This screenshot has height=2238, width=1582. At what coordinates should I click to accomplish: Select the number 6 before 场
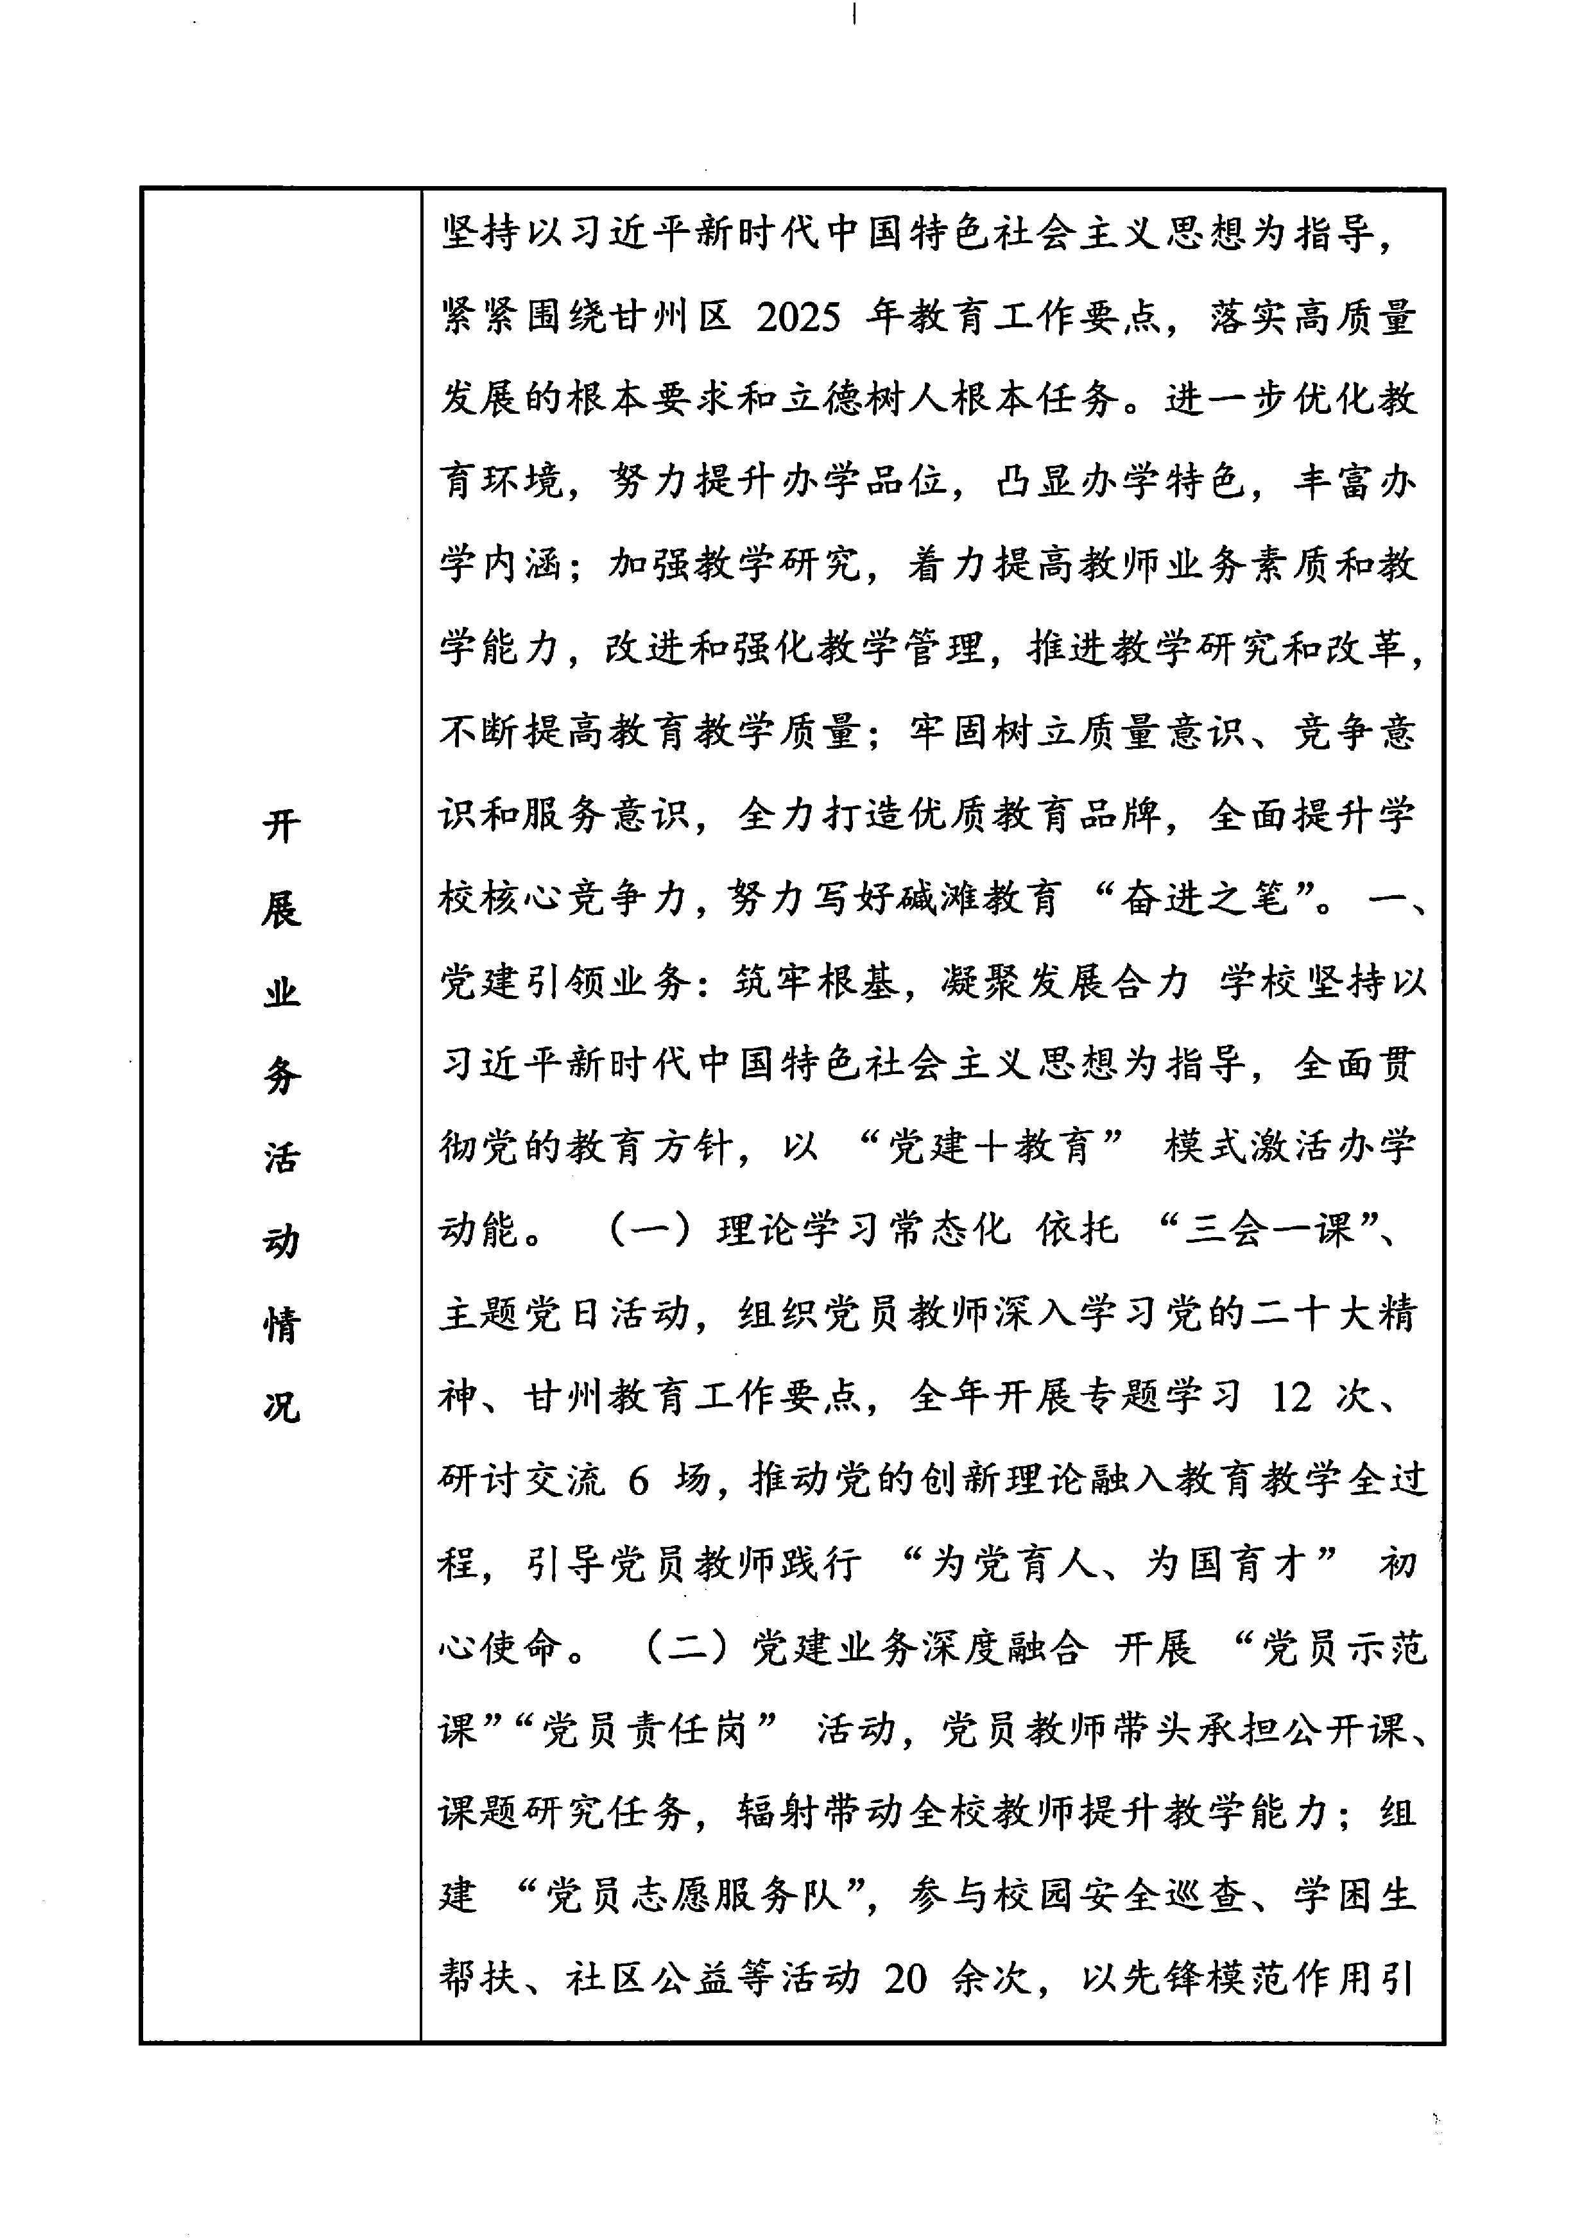639,1481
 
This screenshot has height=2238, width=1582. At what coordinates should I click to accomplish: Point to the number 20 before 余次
906,1979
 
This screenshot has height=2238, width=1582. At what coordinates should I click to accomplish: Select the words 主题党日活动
565,1314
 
